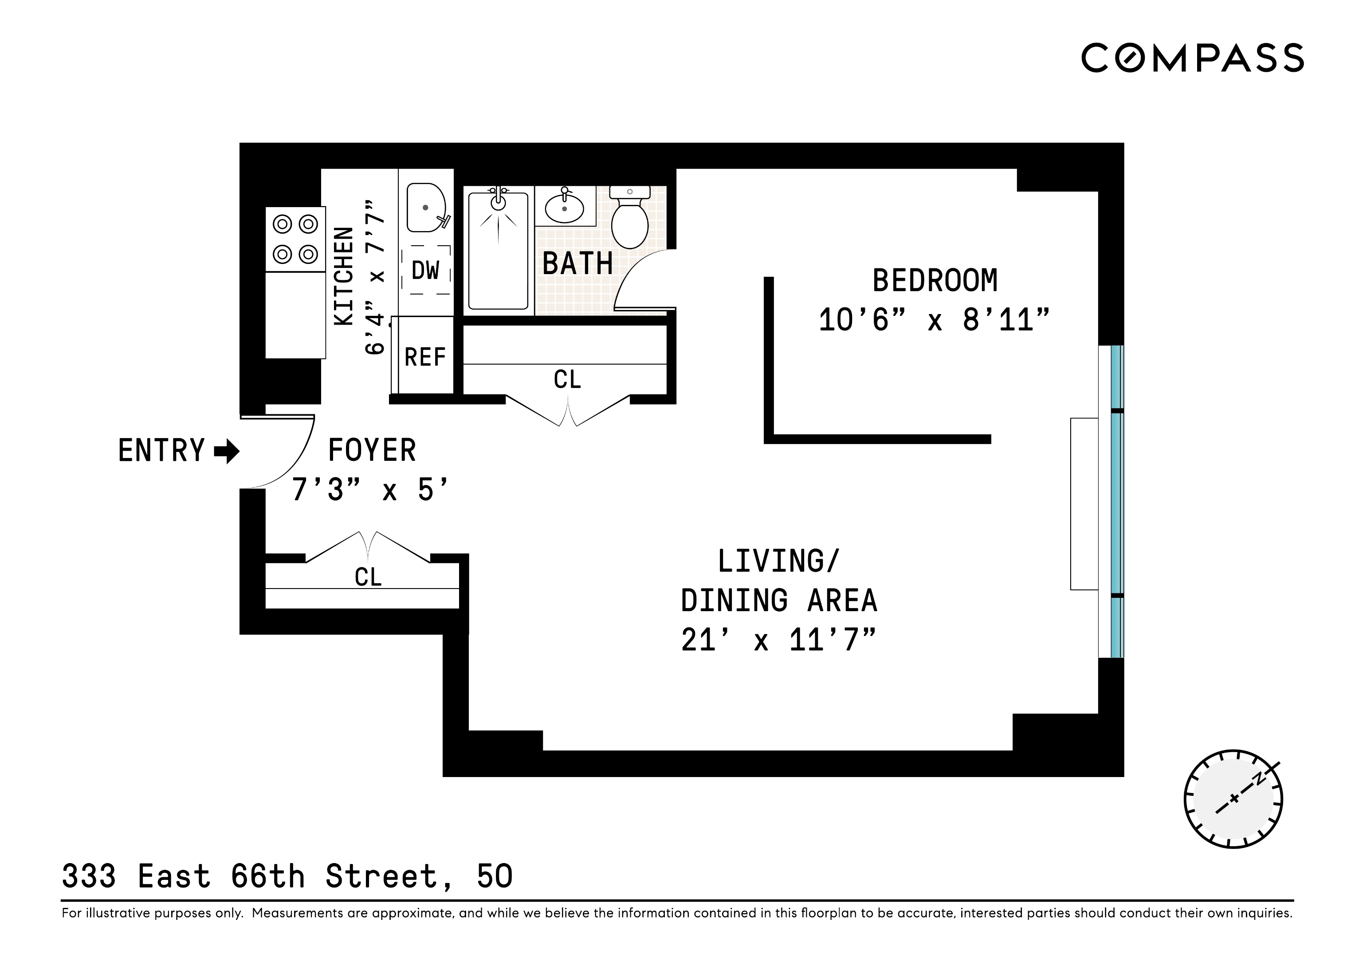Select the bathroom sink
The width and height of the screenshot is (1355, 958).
pyautogui.click(x=564, y=207)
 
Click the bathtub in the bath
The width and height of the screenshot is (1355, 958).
pyautogui.click(x=498, y=251)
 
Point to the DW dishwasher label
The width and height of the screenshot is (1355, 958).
pyautogui.click(x=425, y=271)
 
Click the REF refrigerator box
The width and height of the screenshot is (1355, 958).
pyautogui.click(x=425, y=357)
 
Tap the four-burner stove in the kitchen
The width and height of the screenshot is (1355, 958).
pyautogui.click(x=295, y=239)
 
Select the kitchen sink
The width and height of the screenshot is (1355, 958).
pyautogui.click(x=425, y=208)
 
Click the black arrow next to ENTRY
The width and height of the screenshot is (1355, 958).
pyautogui.click(x=227, y=452)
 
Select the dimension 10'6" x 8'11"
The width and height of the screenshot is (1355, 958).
pyautogui.click(x=934, y=321)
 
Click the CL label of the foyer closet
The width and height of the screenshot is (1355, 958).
pyautogui.click(x=368, y=577)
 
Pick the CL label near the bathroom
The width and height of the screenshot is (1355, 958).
pyautogui.click(x=567, y=380)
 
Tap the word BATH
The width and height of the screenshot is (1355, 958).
pyautogui.click(x=577, y=263)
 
